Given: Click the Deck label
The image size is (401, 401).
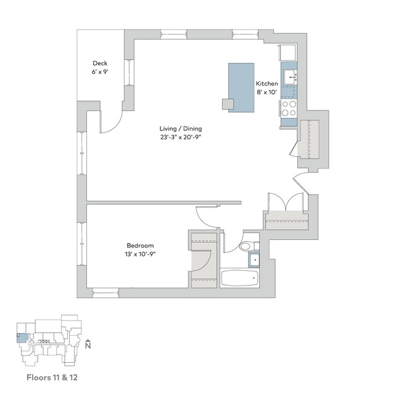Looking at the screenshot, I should tap(100, 63).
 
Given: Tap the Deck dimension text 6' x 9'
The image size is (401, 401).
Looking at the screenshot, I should tap(100, 72).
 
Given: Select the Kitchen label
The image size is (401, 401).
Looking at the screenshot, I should tap(266, 83).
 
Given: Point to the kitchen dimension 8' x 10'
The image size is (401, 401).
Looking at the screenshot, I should tap(266, 93).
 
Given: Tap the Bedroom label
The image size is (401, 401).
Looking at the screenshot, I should tap(141, 245).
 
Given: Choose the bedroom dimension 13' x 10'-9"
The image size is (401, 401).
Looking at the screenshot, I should tap(141, 254).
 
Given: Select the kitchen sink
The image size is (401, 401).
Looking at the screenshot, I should tap(290, 76).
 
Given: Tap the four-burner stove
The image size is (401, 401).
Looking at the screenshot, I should tap(289, 109).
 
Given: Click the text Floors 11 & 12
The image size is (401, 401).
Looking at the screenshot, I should tap(51, 375).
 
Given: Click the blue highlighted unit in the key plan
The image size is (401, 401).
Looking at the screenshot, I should tap(21, 337).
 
